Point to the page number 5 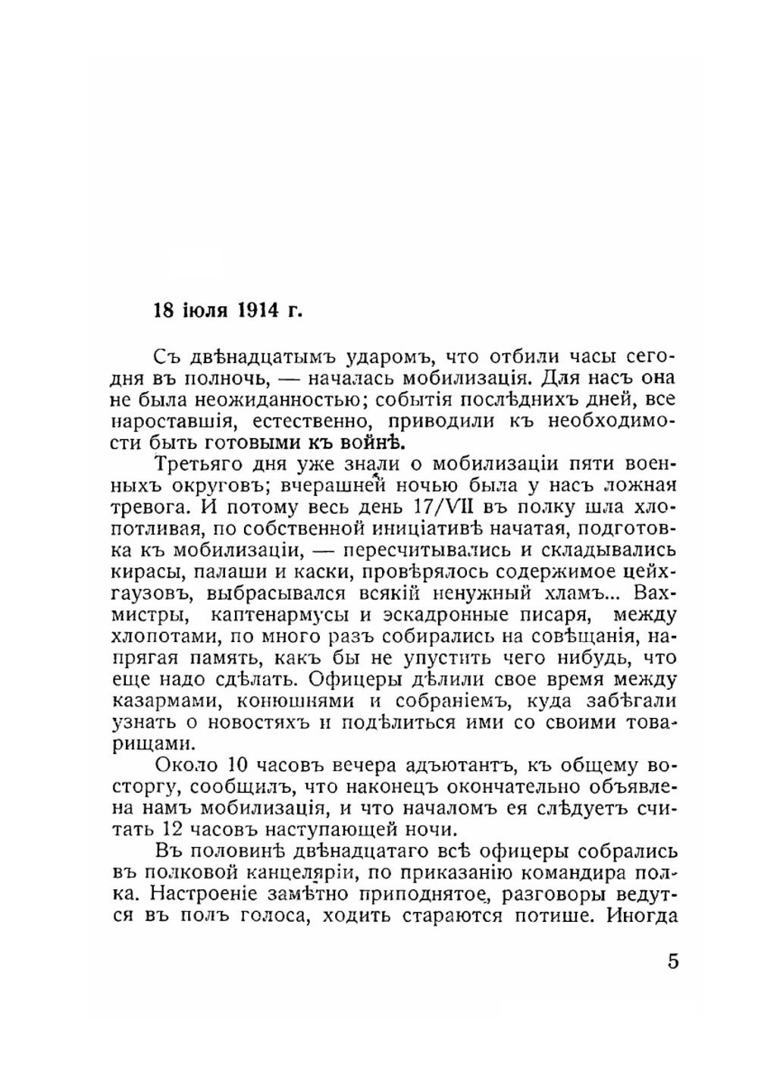coord(673,962)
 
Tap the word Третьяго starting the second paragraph coord(198,462)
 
